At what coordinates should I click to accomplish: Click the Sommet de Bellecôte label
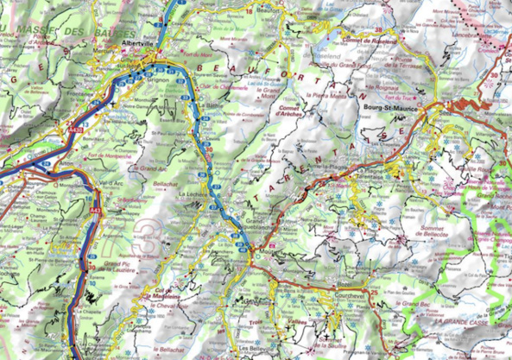pyautogui.click(x=442, y=223)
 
